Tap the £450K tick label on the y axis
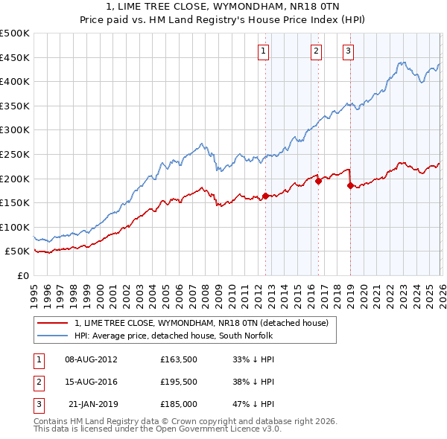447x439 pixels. tap(14, 57)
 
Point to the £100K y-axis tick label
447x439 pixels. tap(14, 227)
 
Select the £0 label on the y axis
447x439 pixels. tap(22, 275)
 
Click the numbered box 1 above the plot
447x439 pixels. tap(264, 51)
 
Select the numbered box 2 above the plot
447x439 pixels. tap(317, 51)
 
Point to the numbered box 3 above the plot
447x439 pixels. tap(349, 51)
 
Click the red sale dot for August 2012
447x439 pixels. tap(265, 196)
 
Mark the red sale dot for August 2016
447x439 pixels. tap(318, 180)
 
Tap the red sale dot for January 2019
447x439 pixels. tap(350, 185)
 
